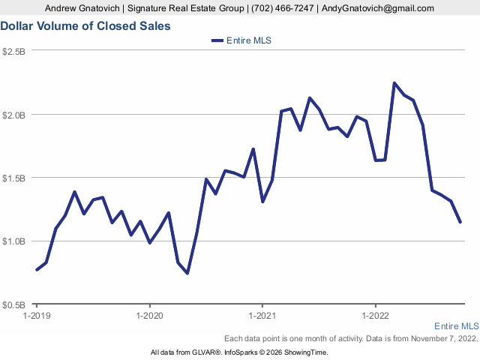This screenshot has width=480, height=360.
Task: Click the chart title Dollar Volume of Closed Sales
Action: click(85, 25)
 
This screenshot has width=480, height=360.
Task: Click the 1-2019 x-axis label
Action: click(37, 315)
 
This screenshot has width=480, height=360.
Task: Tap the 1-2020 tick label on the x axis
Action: click(149, 315)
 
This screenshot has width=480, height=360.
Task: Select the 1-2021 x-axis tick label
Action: click(262, 315)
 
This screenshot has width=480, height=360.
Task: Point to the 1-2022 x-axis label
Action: click(374, 315)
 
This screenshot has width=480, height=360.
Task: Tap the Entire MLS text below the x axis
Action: click(456, 326)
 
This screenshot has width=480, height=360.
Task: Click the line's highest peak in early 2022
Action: click(394, 83)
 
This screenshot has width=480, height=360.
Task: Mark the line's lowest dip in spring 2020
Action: click(187, 273)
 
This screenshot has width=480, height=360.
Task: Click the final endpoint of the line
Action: click(460, 222)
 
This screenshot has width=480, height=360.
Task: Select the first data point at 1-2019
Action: click(37, 270)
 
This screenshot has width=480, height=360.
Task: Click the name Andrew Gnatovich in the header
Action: click(85, 8)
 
